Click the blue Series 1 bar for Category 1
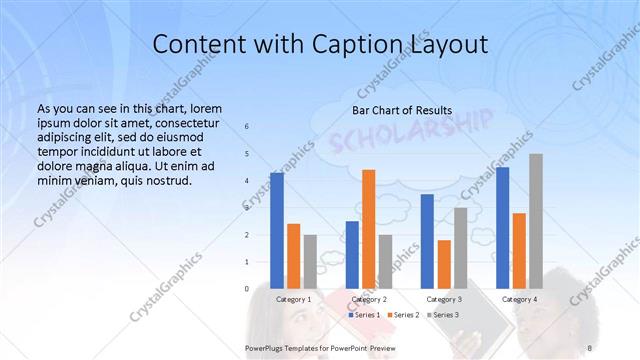[277, 230]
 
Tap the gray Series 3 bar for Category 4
[536, 220]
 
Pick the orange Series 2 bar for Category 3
[443, 264]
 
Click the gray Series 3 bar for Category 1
[310, 261]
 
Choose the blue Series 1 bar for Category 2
[352, 254]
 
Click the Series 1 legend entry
[364, 315]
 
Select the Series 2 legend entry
[403, 315]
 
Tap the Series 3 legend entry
[442, 315]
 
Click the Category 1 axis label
[293, 299]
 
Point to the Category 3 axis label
[443, 299]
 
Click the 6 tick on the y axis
[248, 127]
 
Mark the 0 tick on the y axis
[248, 289]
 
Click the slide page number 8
[590, 347]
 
